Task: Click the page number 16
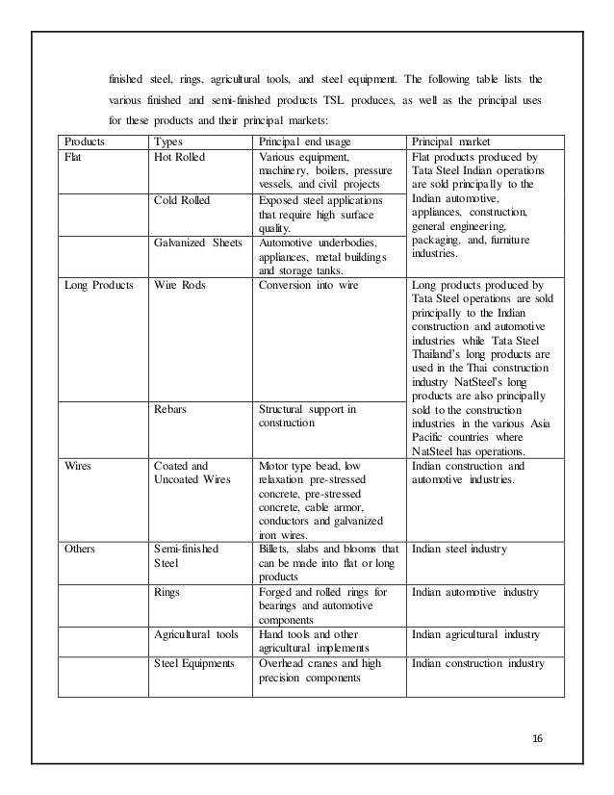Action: click(537, 739)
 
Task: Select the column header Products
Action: click(85, 141)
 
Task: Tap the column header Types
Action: click(170, 141)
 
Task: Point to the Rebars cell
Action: click(170, 409)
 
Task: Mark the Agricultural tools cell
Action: click(198, 635)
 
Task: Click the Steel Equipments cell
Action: click(197, 664)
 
